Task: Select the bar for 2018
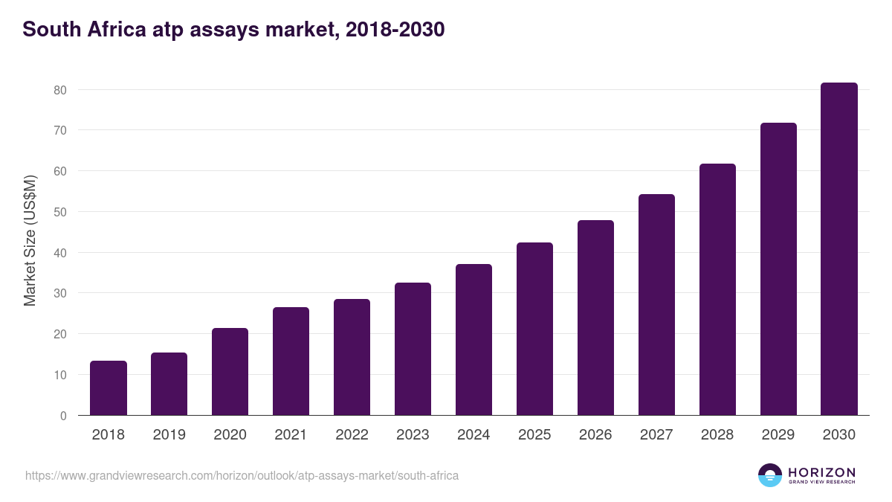[109, 388]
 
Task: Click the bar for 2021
[291, 361]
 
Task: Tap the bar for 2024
[474, 340]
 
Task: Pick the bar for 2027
[656, 305]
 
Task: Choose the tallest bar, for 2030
[839, 249]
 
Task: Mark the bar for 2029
[778, 269]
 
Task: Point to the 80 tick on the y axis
[60, 90]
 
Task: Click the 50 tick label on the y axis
[60, 212]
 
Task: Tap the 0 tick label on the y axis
[63, 416]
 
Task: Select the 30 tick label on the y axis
[60, 294]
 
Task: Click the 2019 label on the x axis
[169, 435]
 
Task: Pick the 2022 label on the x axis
[352, 435]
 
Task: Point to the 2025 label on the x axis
[534, 435]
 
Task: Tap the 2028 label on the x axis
[717, 435]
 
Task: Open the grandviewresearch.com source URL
[242, 475]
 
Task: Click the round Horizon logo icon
[770, 475]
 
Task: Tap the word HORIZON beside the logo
[821, 472]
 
